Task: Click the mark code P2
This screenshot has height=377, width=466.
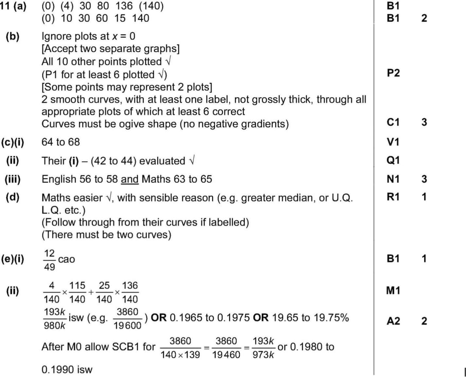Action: (x=394, y=74)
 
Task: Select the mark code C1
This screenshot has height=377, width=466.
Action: (x=394, y=123)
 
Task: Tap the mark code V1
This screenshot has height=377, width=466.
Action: (x=394, y=142)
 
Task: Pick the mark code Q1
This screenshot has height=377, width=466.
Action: (x=394, y=160)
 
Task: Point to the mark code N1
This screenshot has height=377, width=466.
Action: (x=394, y=179)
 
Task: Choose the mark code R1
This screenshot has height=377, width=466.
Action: (x=394, y=197)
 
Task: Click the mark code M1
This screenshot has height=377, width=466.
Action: (x=394, y=291)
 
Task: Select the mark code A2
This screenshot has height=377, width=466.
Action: (x=394, y=321)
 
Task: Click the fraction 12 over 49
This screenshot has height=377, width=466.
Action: (x=50, y=260)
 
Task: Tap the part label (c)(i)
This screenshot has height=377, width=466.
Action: (x=13, y=142)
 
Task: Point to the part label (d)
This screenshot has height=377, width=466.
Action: (x=13, y=197)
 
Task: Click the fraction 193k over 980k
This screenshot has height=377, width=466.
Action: (x=54, y=318)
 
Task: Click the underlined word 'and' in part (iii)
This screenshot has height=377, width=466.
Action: (x=130, y=179)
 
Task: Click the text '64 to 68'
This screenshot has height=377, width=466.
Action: (x=61, y=142)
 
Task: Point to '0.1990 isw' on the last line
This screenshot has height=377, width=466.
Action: (x=67, y=369)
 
